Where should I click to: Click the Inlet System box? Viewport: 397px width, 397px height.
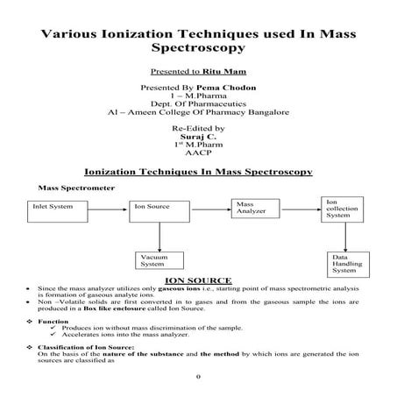[61, 209]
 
